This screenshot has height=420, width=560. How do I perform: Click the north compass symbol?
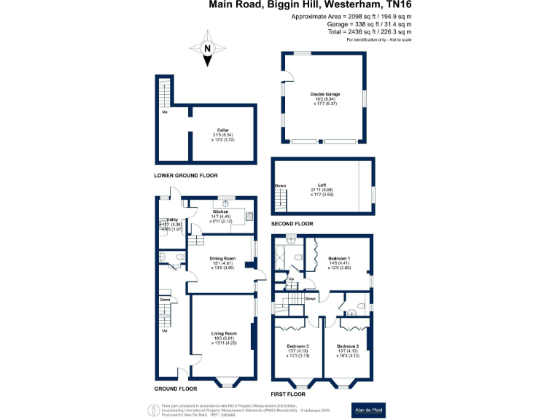pyautogui.click(x=208, y=49)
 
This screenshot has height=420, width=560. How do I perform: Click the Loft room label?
pyautogui.click(x=321, y=185)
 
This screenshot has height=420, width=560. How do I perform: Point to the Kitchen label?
pyautogui.click(x=221, y=211)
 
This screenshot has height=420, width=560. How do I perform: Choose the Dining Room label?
pyautogui.click(x=223, y=259)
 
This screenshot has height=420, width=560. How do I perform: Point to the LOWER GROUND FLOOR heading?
pyautogui.click(x=185, y=176)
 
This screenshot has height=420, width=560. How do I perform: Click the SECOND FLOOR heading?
pyautogui.click(x=292, y=224)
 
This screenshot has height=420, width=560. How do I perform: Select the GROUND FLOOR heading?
pyautogui.click(x=176, y=389)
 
